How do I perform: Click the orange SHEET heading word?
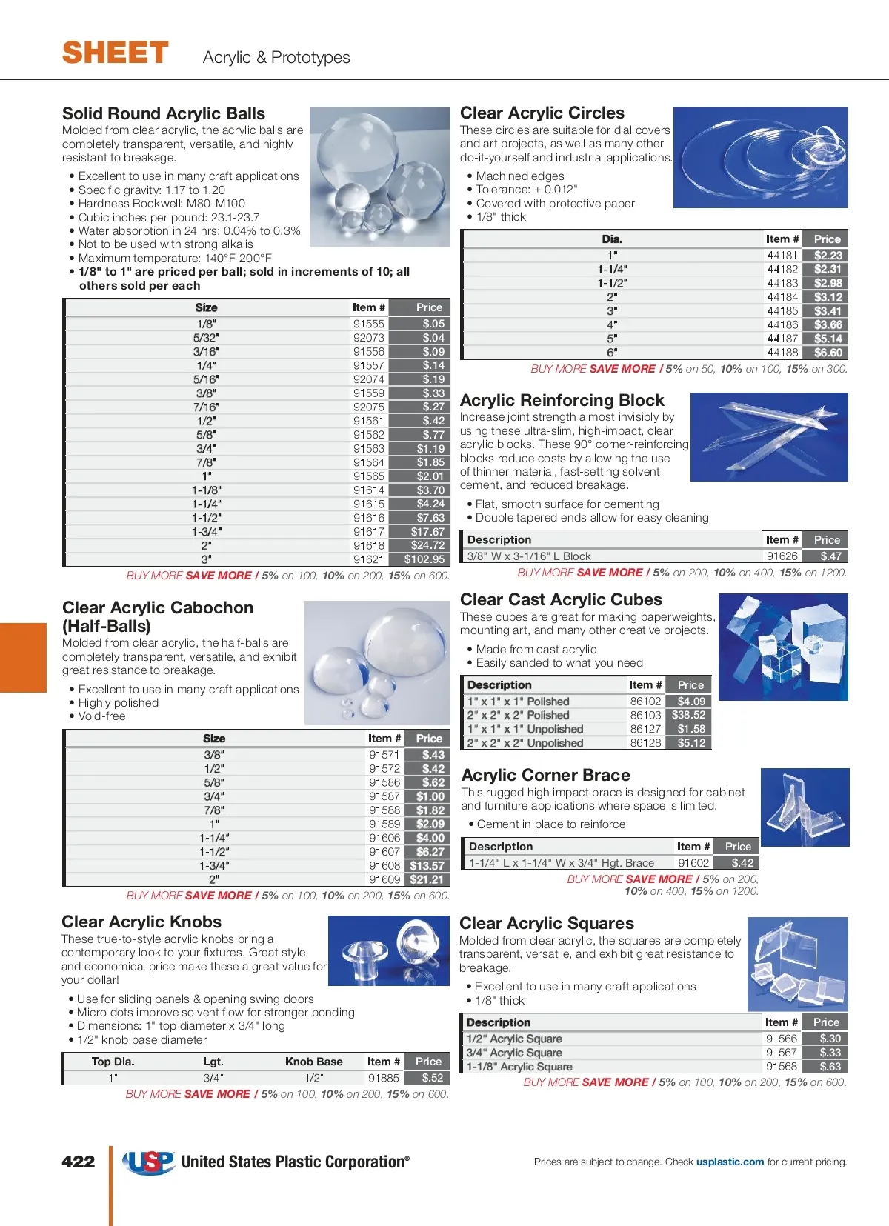(116, 53)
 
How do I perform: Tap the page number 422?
(79, 1162)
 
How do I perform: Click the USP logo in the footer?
(149, 1162)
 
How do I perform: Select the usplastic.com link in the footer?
(730, 1162)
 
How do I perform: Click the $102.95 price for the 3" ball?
(424, 559)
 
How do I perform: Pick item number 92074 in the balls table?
(369, 379)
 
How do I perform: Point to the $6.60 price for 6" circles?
(828, 353)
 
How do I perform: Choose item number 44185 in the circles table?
(782, 311)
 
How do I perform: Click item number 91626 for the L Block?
(782, 556)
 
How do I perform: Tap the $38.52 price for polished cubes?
(689, 715)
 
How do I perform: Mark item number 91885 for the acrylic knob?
(384, 1078)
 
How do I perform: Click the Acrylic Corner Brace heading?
(546, 775)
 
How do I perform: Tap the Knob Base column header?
(314, 1062)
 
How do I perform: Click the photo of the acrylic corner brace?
(805, 807)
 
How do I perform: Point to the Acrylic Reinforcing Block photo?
(769, 437)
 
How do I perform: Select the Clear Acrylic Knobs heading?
(141, 922)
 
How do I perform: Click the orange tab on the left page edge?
(23, 657)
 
